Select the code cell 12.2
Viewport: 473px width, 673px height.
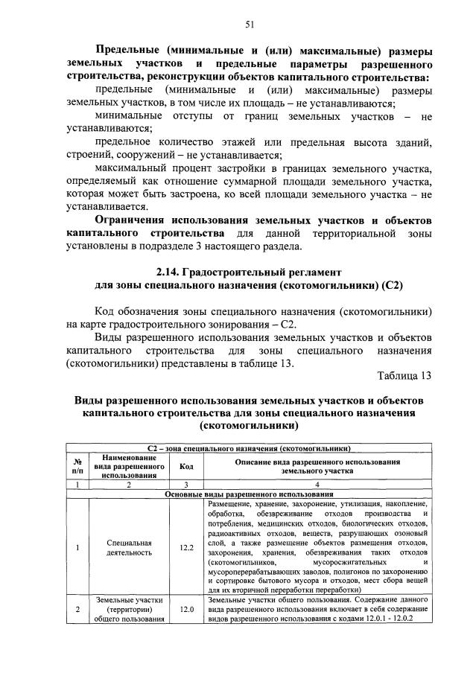(185, 552)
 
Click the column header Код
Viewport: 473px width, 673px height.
(185, 467)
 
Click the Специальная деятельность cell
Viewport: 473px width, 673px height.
(129, 552)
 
